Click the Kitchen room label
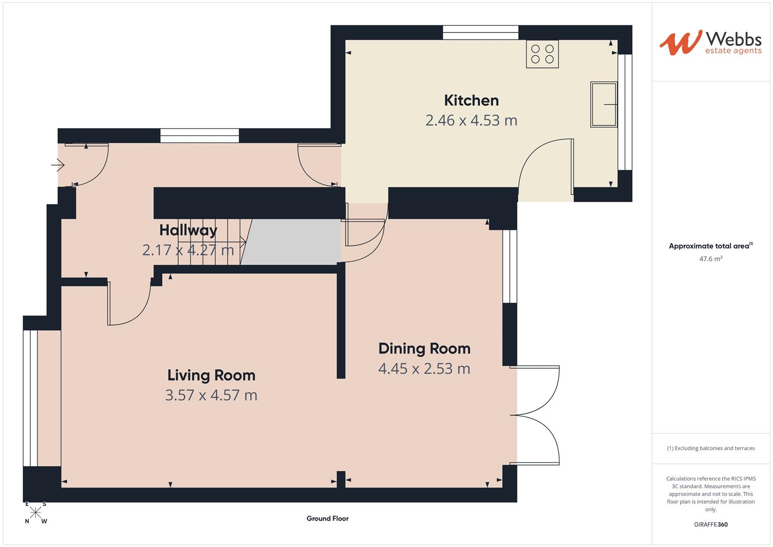[471, 100]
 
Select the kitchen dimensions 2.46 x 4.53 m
[471, 121]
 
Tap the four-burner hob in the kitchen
[542, 54]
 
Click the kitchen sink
[603, 104]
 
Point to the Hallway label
[188, 230]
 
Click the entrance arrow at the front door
[58, 165]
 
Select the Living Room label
[211, 375]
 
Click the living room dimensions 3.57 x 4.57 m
[211, 395]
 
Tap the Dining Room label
[424, 348]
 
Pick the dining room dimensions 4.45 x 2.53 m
[424, 369]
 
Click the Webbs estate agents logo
[710, 43]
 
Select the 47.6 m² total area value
[710, 259]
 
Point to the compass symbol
[36, 512]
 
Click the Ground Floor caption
[327, 518]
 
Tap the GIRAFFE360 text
[710, 524]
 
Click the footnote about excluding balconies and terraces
[710, 448]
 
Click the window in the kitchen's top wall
[480, 32]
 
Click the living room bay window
[30, 398]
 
